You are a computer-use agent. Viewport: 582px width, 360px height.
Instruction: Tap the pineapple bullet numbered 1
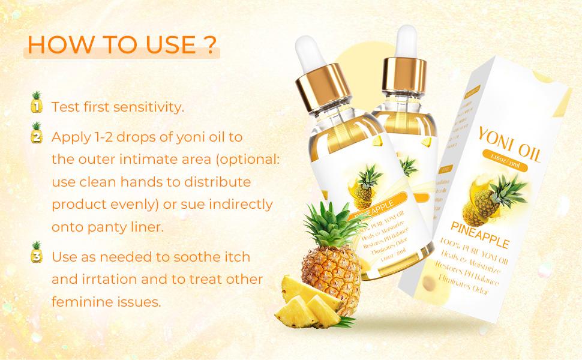(37, 103)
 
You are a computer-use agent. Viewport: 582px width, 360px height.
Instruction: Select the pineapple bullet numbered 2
(37, 133)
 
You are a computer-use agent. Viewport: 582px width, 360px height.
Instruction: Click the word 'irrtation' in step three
(104, 279)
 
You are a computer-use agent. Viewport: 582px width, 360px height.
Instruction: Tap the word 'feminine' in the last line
(79, 302)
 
